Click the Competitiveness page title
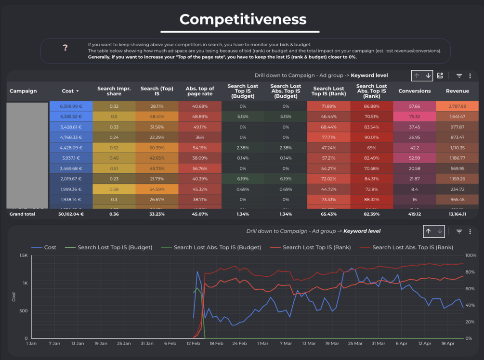[243, 19]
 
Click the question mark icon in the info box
[65, 48]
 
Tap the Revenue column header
[457, 91]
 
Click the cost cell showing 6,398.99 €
[71, 106]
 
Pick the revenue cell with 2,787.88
[457, 106]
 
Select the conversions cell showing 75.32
[414, 116]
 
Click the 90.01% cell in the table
[371, 137]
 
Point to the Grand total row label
[23, 214]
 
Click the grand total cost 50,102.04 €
[71, 214]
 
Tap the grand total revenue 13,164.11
[457, 214]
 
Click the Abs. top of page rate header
[200, 91]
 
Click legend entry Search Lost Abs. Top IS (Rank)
[412, 247]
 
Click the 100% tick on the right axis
[471, 256]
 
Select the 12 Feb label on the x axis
[193, 344]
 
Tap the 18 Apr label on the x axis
[448, 344]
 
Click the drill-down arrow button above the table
[428, 76]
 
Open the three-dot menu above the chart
[470, 231]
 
